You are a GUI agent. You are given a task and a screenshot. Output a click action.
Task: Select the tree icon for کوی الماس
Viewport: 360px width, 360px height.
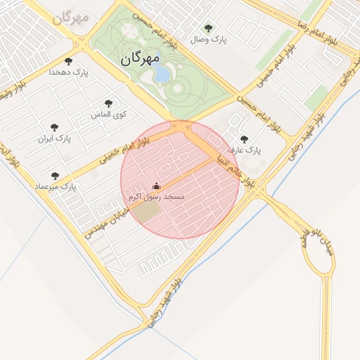(108, 103)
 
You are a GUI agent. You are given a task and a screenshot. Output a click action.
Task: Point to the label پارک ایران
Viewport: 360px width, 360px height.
(55, 139)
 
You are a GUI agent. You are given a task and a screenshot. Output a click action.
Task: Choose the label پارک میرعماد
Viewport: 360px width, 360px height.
(55, 186)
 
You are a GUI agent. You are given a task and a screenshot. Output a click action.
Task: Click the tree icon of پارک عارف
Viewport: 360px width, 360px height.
(244, 139)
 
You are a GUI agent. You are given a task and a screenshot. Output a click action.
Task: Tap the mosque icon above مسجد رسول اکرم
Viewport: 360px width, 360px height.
(156, 186)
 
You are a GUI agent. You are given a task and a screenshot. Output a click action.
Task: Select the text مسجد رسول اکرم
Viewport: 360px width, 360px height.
(155, 198)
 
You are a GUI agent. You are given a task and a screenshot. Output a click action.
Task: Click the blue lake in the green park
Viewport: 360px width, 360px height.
(162, 72)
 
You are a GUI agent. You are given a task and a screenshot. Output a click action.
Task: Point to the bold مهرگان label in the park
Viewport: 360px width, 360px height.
(140, 58)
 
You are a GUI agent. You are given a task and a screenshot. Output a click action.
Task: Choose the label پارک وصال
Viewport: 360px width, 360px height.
(212, 41)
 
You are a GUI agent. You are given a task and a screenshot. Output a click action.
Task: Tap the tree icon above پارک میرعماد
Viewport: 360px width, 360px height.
(55, 175)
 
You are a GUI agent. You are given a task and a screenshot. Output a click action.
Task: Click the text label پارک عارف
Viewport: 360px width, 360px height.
(247, 150)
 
